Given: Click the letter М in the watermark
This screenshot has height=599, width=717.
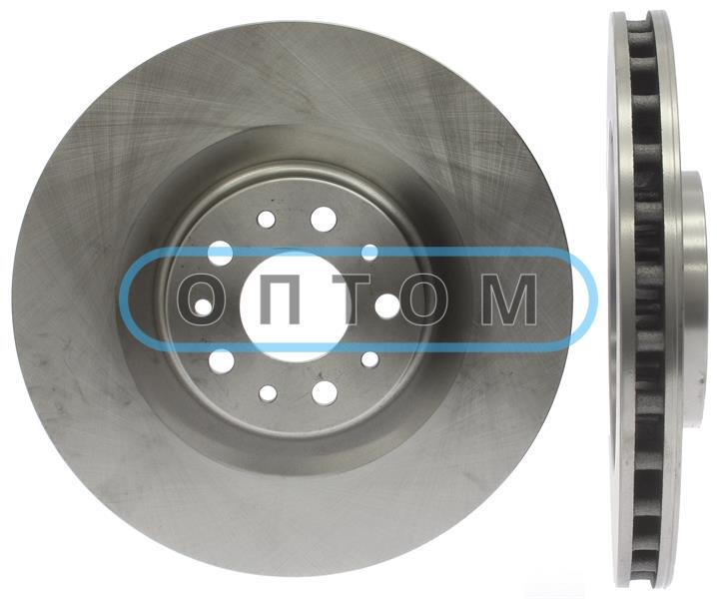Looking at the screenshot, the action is [x=508, y=299].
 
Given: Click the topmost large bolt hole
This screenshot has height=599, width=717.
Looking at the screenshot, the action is [x=324, y=219].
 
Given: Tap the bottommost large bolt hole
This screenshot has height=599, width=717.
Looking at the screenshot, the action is [x=325, y=392].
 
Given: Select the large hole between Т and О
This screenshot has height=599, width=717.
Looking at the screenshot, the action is [x=387, y=305].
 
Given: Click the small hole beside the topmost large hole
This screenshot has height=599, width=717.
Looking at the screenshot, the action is [x=267, y=219].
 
